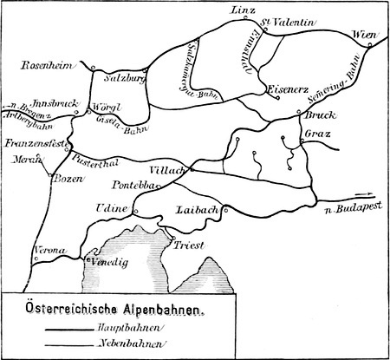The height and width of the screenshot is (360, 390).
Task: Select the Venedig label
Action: coord(109,260)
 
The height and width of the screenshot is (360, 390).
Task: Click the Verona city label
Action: coord(47,251)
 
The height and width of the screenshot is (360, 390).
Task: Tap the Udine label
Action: coord(116,210)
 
